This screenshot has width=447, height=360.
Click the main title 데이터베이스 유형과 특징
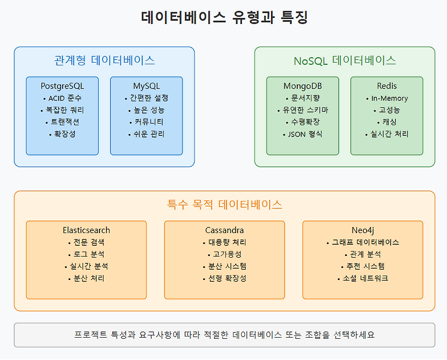[224, 17]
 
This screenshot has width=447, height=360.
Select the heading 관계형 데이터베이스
[104, 60]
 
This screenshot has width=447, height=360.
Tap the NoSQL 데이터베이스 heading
[345, 60]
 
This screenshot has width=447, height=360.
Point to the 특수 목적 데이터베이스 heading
[224, 205]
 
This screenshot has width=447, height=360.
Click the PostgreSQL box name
[62, 86]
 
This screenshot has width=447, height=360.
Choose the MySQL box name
[146, 86]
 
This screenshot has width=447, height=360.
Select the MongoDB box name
[302, 86]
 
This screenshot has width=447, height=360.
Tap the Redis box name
[387, 86]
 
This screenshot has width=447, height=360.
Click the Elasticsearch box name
[86, 230]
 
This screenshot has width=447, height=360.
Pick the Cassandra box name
[224, 230]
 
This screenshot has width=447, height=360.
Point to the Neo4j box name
[362, 230]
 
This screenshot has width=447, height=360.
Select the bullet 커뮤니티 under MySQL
[146, 122]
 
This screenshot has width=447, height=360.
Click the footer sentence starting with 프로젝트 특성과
[224, 335]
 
